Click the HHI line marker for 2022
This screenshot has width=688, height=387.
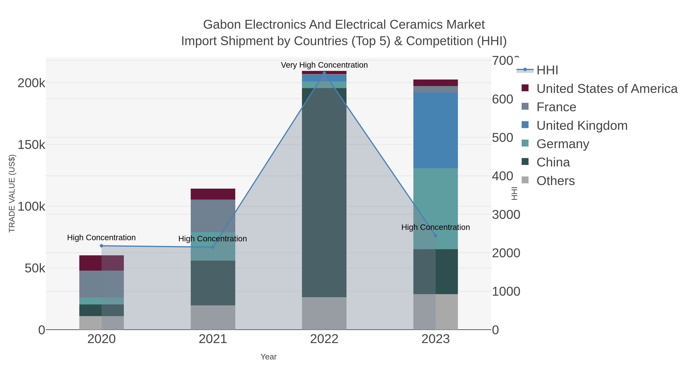coord(324,73)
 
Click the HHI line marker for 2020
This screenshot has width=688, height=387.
coord(101,246)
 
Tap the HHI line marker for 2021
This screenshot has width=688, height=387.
coord(213,247)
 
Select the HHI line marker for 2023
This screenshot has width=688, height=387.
coord(436,236)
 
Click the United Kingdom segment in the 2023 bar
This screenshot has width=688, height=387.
coord(436,130)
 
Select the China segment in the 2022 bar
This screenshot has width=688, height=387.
coord(324,192)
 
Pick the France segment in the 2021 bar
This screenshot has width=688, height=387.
coord(213,216)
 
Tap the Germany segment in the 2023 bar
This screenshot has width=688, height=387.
coord(436,208)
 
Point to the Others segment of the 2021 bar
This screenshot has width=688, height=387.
coord(213,317)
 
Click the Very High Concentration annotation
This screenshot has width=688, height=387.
coord(324,65)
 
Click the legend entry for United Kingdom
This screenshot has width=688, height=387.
coord(582,126)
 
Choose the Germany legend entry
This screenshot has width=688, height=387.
coord(562,144)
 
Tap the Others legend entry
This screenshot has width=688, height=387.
coord(555,181)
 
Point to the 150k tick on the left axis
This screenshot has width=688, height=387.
coord(31,145)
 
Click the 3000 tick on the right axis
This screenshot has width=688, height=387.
coord(506,215)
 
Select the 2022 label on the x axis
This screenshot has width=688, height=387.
coord(324,339)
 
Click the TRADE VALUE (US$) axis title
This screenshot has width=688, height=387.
coord(12,193)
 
